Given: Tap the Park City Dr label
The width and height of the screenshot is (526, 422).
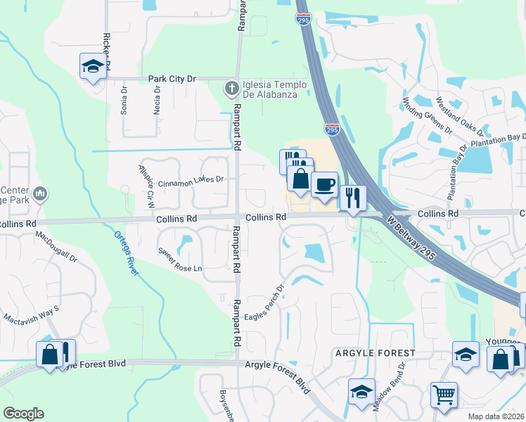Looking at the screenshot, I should point(171,79).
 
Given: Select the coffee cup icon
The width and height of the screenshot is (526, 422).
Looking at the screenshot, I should point(324,185).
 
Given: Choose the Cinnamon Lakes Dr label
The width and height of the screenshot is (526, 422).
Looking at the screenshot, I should point(191,181).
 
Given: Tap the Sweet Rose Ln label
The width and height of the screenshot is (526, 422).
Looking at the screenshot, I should point(179,260).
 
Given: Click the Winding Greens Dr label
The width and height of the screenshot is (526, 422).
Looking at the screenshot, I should point(428,115).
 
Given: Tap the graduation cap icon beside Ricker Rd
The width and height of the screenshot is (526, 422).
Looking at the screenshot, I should point(93,66).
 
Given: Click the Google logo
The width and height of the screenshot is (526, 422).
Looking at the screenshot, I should point(23,414).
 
